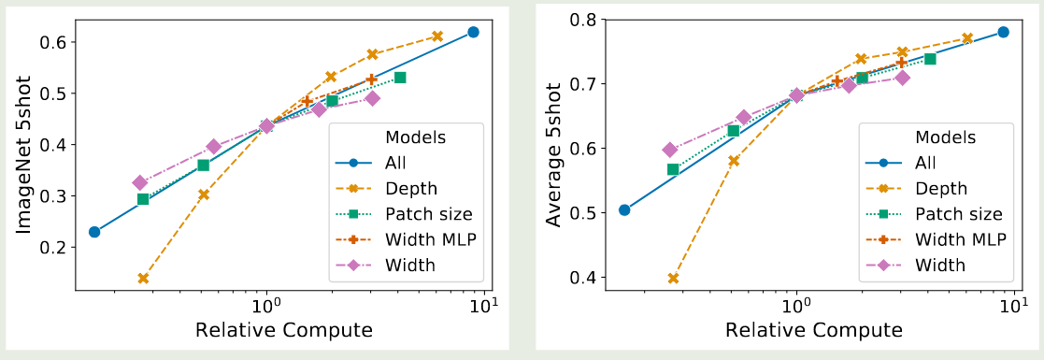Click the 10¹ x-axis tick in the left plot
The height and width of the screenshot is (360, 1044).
[485, 305]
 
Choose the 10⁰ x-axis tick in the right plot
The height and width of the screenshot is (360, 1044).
[796, 305]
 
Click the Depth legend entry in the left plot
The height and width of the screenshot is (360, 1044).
[412, 189]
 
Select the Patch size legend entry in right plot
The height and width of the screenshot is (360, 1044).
[959, 214]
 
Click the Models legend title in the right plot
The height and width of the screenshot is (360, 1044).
[945, 137]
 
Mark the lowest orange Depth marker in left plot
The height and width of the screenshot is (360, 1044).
[143, 279]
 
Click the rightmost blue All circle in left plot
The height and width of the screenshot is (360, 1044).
[473, 32]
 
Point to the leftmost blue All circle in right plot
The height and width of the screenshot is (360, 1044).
[624, 209]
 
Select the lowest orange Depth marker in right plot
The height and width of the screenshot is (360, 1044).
[673, 278]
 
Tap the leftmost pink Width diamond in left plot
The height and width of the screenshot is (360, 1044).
[140, 182]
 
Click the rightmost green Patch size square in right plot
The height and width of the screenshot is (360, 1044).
[930, 59]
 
